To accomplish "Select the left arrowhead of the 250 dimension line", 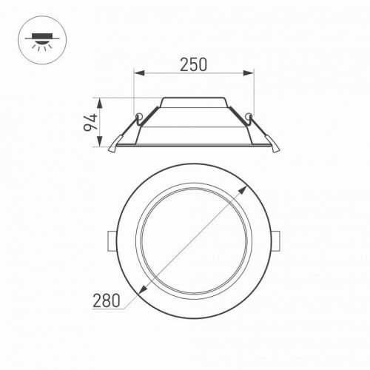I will point(137,73).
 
